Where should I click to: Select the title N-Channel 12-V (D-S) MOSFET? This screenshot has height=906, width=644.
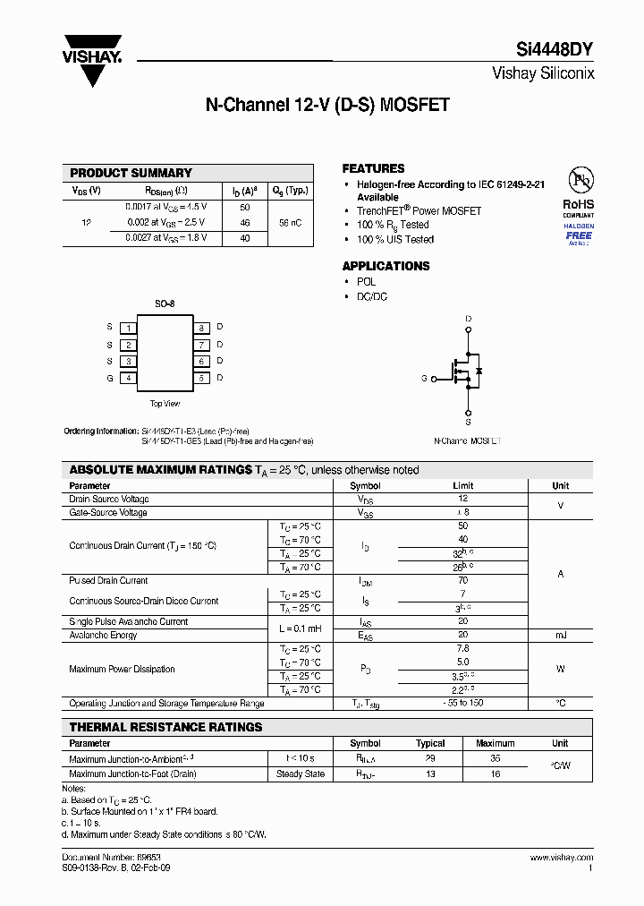(326, 105)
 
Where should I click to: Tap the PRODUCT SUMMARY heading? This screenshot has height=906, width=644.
(131, 173)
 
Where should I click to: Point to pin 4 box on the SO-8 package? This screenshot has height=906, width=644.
(129, 378)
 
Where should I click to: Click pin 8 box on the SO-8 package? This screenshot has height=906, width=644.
(202, 328)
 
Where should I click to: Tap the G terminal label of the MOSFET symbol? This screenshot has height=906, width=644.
(424, 379)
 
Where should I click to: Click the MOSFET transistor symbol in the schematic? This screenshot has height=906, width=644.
(466, 370)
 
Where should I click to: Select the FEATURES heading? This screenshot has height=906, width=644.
(373, 168)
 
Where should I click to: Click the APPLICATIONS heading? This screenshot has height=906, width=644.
(386, 266)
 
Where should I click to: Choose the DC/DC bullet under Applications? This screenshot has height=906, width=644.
(372, 296)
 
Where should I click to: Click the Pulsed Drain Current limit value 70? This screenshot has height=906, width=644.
(462, 580)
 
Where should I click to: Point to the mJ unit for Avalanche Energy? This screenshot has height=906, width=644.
(560, 635)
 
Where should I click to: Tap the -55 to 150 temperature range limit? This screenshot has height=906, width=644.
(462, 703)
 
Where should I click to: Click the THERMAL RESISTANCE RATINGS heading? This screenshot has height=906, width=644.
(166, 727)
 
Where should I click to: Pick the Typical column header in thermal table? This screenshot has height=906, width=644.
(430, 743)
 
